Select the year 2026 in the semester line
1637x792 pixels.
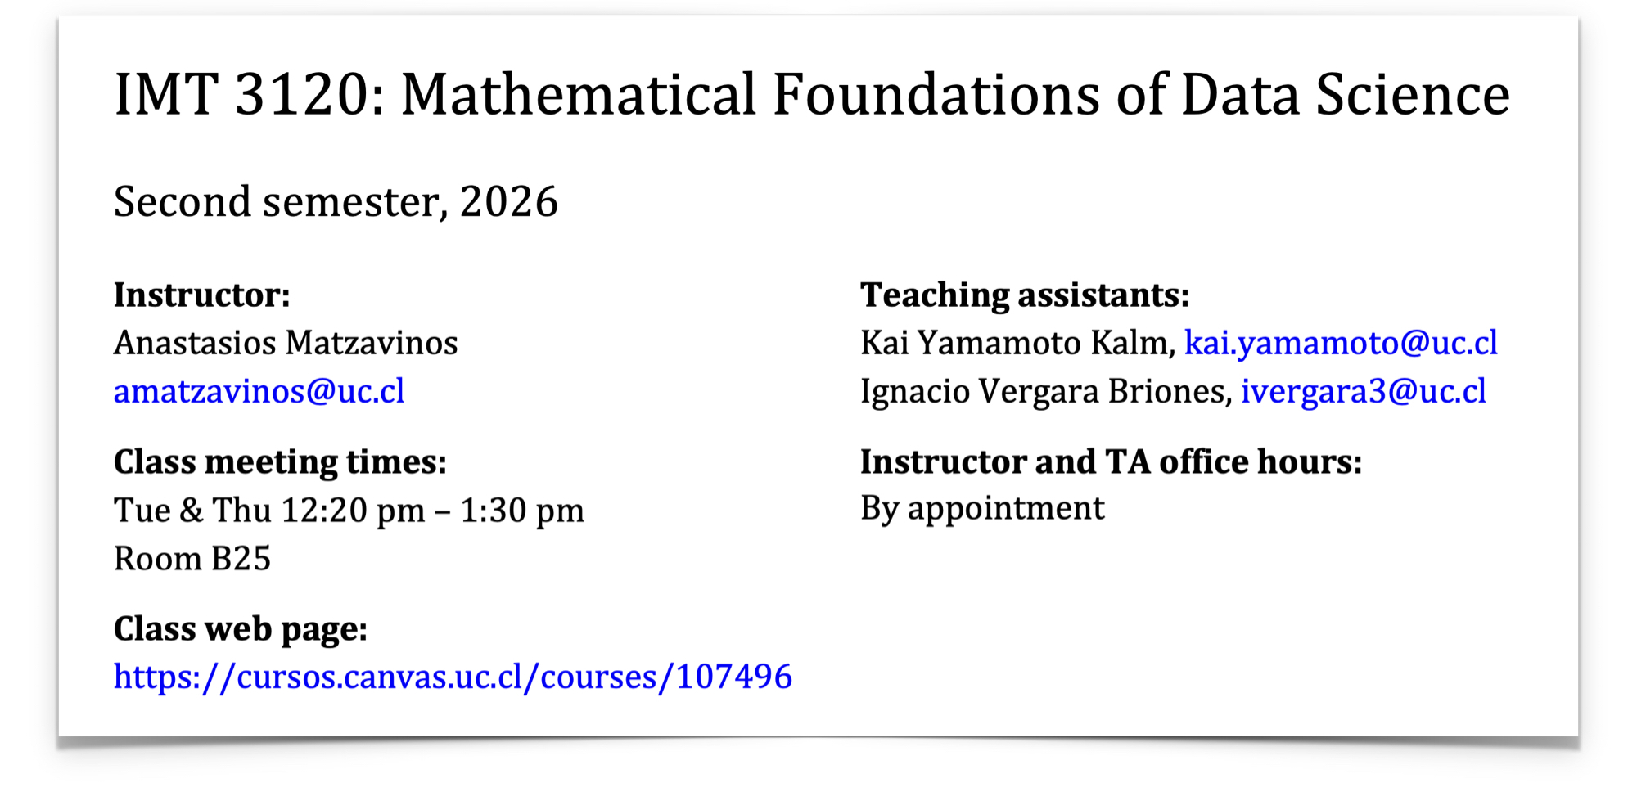click(509, 201)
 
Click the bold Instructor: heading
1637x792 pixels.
click(202, 295)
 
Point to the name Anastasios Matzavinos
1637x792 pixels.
click(286, 343)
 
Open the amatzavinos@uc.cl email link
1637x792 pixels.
click(259, 391)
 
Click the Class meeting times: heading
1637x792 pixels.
click(281, 462)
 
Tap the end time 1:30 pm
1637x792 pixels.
click(522, 511)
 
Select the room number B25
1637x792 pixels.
click(241, 559)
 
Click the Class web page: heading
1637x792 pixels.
click(241, 629)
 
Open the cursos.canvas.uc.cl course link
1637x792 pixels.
click(453, 677)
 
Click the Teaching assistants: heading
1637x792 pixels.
click(1025, 295)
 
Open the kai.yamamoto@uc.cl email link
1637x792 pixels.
click(1342, 343)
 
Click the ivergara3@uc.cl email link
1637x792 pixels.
click(1364, 391)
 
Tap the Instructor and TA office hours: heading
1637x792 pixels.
click(1112, 462)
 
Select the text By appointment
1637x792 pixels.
click(982, 509)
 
